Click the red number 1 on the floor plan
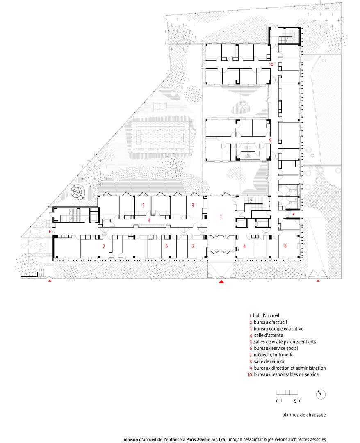pos(221,217)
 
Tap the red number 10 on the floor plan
pos(271,64)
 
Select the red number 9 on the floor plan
pos(270,140)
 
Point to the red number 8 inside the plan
pos(285,246)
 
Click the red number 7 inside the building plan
pos(104,247)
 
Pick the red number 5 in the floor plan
pos(144,205)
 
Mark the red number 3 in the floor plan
pos(193,205)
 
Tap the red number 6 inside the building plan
pos(166,246)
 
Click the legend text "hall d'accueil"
pos(266,315)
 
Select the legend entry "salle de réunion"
pos(270,361)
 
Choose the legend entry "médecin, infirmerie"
pos(273,355)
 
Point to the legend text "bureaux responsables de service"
pos(286,374)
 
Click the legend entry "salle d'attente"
pos(269,336)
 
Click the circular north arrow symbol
pos(321,395)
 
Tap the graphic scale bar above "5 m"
pos(287,393)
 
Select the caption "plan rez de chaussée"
pos(304,415)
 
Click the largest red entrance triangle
pos(221,281)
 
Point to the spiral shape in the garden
pos(77,192)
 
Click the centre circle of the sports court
pos(168,138)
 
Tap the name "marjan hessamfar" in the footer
pos(246,439)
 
